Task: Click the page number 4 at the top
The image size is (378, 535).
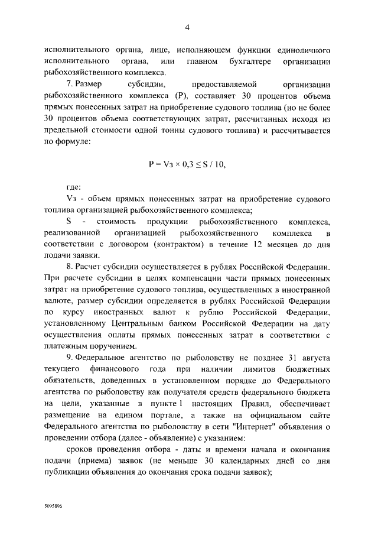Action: (x=187, y=27)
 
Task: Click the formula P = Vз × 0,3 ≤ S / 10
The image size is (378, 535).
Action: (x=187, y=164)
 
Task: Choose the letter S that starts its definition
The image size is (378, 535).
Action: (x=69, y=222)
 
